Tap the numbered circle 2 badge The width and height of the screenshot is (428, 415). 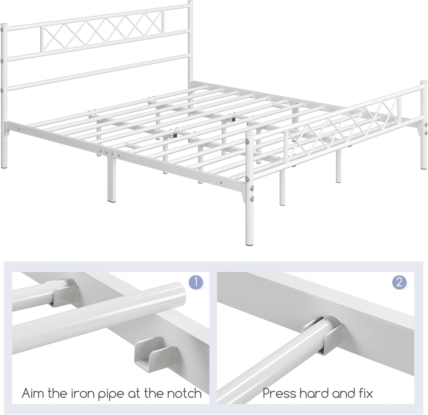click(x=399, y=282)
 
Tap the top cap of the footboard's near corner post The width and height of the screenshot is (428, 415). click(x=249, y=133)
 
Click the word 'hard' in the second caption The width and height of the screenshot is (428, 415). click(x=316, y=393)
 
